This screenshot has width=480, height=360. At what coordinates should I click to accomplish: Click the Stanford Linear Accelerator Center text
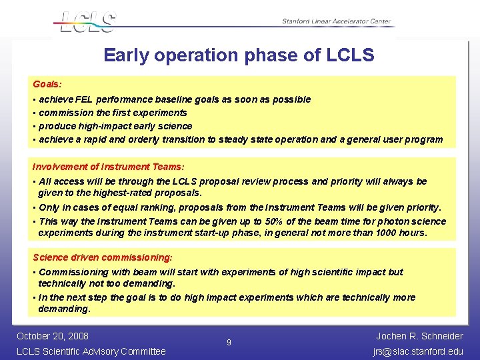(336, 21)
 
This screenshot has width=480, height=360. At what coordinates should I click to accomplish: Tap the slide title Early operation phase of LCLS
(239, 55)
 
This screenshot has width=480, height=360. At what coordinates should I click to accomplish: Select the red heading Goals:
(47, 85)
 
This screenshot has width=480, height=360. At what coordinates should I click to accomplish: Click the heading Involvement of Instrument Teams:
(108, 167)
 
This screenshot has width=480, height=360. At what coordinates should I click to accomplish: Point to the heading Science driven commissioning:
(102, 257)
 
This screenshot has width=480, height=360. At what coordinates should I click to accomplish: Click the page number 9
(229, 343)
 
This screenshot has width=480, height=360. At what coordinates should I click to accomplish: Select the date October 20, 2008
(53, 336)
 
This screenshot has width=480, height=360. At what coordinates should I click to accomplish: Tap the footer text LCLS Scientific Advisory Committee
(91, 351)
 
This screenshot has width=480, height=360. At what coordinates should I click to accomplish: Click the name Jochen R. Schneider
(419, 336)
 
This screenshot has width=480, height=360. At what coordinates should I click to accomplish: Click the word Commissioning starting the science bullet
(73, 272)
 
